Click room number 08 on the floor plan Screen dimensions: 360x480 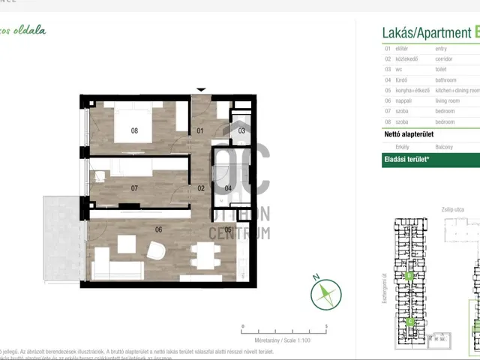click(134, 130)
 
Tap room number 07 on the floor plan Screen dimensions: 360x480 click(134, 188)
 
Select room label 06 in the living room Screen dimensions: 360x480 click(158, 230)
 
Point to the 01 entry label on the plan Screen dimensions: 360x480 click(200, 131)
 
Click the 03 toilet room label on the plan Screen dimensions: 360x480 click(241, 131)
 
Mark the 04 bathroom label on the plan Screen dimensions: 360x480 click(228, 188)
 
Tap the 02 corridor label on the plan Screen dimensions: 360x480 click(201, 188)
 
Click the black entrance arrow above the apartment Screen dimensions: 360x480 click(200, 90)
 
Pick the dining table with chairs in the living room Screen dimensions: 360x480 click(204, 256)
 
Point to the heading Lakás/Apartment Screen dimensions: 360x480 click(427, 33)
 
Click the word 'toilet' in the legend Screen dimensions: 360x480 click(443, 68)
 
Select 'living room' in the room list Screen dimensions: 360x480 click(448, 100)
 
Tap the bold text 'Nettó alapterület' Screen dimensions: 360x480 click(409, 133)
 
